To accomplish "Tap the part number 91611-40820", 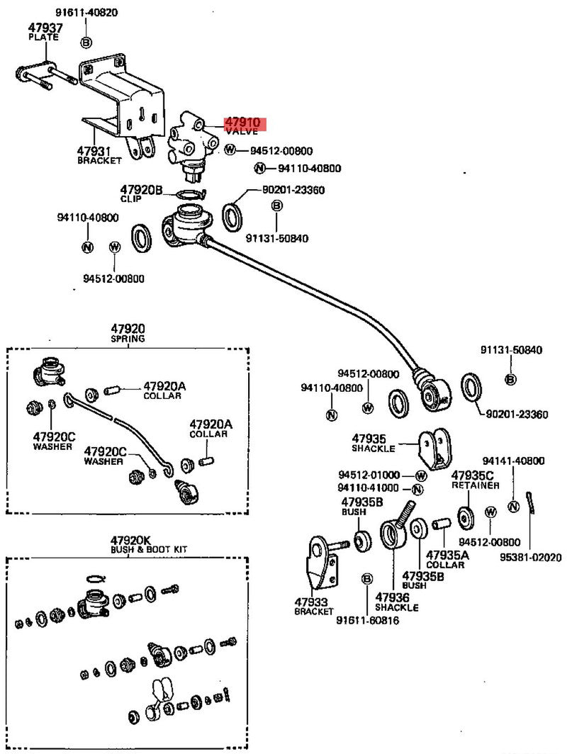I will point(86,13).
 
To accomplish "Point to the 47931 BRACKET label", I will point(99,155).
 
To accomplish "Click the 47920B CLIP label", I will point(141,193).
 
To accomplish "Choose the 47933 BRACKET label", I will point(314,606).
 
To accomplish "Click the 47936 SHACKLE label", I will point(396,602).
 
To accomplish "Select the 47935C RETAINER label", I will point(475,479).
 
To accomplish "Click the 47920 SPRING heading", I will point(128,333).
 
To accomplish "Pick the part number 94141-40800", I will point(514,461).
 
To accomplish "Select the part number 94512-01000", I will point(369,475).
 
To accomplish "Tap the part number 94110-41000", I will point(369,488).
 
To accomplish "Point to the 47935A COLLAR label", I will point(445,559).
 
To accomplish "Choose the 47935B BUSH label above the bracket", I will point(362,506).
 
